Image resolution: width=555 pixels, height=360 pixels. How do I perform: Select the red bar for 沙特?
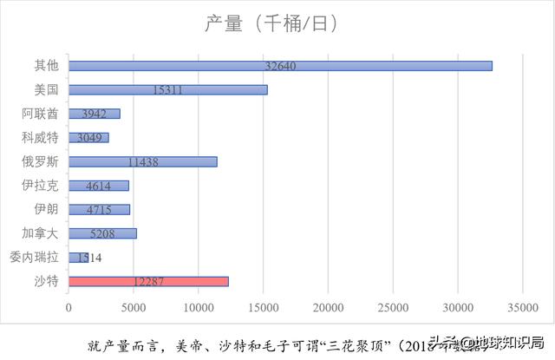(148, 281)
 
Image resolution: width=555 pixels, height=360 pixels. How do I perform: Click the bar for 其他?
(280, 66)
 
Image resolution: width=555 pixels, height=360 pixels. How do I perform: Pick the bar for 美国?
(168, 89)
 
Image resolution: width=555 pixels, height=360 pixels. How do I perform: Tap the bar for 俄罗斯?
(143, 161)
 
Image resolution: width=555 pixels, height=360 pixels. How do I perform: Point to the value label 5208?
(103, 233)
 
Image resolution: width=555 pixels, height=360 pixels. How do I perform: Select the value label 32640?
(283, 66)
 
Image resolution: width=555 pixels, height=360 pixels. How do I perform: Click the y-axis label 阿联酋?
(41, 114)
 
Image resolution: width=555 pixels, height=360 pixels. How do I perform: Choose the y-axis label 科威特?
(41, 137)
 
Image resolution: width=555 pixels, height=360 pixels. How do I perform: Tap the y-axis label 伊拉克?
(41, 185)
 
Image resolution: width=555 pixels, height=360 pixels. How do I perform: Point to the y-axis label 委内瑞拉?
(34, 257)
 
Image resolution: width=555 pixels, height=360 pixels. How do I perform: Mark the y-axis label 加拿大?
(41, 232)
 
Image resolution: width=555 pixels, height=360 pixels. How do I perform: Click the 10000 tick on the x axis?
(199, 306)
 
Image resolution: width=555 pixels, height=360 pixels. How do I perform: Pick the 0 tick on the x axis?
(69, 306)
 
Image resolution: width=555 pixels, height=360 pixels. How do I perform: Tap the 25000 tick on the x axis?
(393, 306)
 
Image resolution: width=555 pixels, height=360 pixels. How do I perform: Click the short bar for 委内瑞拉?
(79, 258)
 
